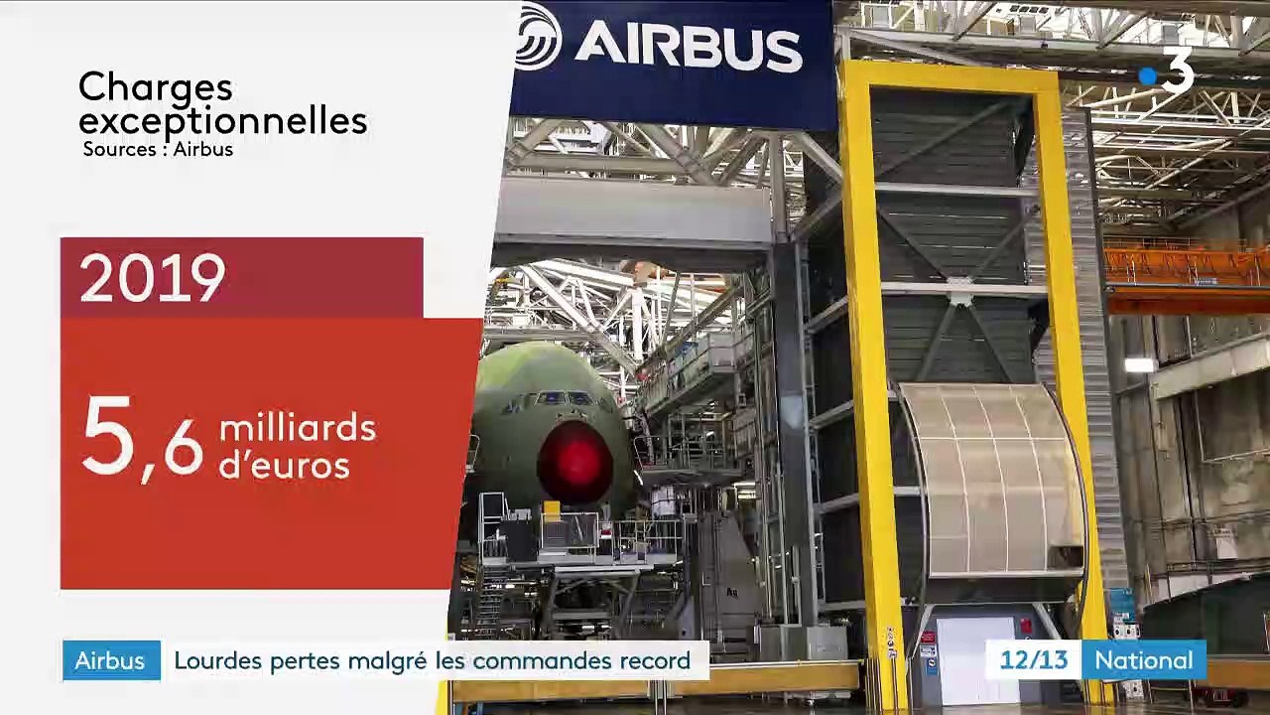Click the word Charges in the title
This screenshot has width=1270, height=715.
pos(155,87)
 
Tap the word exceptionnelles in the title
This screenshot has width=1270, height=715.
pos(222,121)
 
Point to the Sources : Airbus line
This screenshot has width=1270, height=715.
pos(158,149)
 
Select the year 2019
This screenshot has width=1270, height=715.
pos(152,279)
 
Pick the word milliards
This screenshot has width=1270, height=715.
pos(298,429)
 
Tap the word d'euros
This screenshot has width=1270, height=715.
pos(284,465)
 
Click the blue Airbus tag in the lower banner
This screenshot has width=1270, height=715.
pos(110,660)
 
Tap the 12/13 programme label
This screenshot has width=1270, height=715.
pos(1033,660)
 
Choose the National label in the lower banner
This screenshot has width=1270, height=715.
pos(1143,660)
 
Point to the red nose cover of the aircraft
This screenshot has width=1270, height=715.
pos(574,463)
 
